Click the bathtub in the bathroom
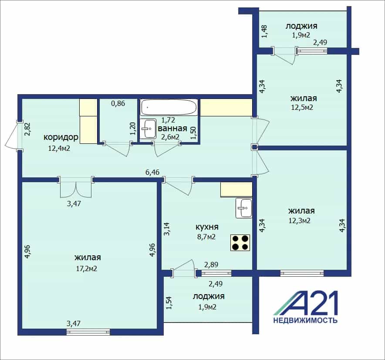[169, 107]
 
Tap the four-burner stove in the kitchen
[240, 242]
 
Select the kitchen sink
[244, 208]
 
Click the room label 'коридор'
[61, 137]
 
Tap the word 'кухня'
[207, 227]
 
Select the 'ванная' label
[172, 128]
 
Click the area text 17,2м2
[87, 268]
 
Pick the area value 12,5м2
[302, 107]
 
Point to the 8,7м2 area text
[206, 237]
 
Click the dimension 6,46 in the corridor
[152, 172]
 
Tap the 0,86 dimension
[118, 103]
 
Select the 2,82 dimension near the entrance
[27, 129]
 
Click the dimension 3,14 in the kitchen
[167, 229]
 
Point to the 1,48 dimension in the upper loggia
[264, 31]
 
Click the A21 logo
[306, 303]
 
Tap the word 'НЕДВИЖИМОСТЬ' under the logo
[305, 320]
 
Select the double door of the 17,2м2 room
[76, 188]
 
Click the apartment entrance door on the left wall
[13, 136]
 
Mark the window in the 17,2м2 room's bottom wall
[88, 332]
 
